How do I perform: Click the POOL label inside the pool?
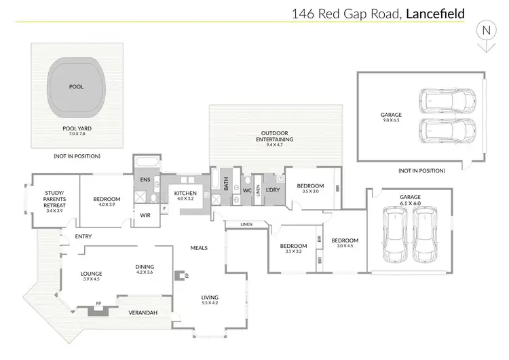tap(76, 88)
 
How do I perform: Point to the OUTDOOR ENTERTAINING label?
tap(275, 136)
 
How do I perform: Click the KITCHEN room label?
tap(185, 194)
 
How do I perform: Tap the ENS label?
tap(145, 179)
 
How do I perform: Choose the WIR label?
tap(145, 215)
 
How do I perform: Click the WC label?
tap(247, 191)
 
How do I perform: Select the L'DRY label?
tap(274, 191)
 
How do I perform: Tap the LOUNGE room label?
tap(91, 274)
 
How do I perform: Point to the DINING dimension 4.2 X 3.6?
tap(145, 273)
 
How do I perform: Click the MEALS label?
tap(199, 248)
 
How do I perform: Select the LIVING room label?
tap(210, 297)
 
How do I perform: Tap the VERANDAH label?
tap(143, 312)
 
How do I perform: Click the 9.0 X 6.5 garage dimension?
tap(391, 124)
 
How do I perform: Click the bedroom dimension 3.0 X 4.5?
tap(344, 247)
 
